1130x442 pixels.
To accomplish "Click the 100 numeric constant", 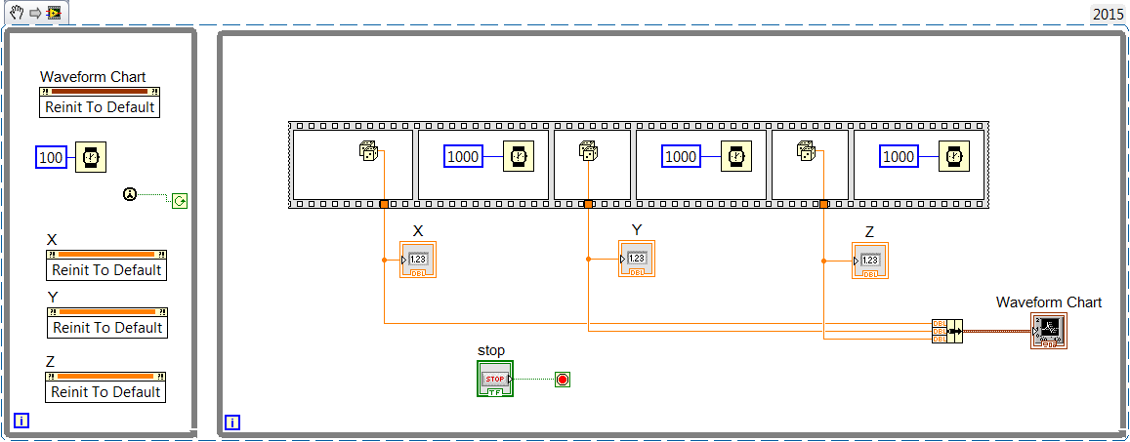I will pos(51,157).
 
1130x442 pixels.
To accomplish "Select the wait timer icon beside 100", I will pos(91,157).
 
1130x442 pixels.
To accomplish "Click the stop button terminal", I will pos(495,379).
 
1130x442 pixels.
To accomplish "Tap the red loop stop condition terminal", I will pos(562,379).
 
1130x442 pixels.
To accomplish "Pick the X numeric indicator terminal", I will pos(418,260).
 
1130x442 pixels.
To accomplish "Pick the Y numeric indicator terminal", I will pos(637,259).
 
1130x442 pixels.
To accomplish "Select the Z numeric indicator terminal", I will pos(870,261).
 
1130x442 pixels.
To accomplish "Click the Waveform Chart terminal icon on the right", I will pos(1048,332).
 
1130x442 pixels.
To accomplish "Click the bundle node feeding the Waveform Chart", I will pos(946,331).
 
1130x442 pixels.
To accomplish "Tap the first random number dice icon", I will pos(369,151).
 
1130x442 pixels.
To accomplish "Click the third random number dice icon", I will pos(807,151).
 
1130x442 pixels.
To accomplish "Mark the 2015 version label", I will pos(1108,14).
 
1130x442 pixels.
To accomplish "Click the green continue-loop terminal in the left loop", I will pos(179,201).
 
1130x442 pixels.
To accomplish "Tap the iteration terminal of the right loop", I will pos(232,422).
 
